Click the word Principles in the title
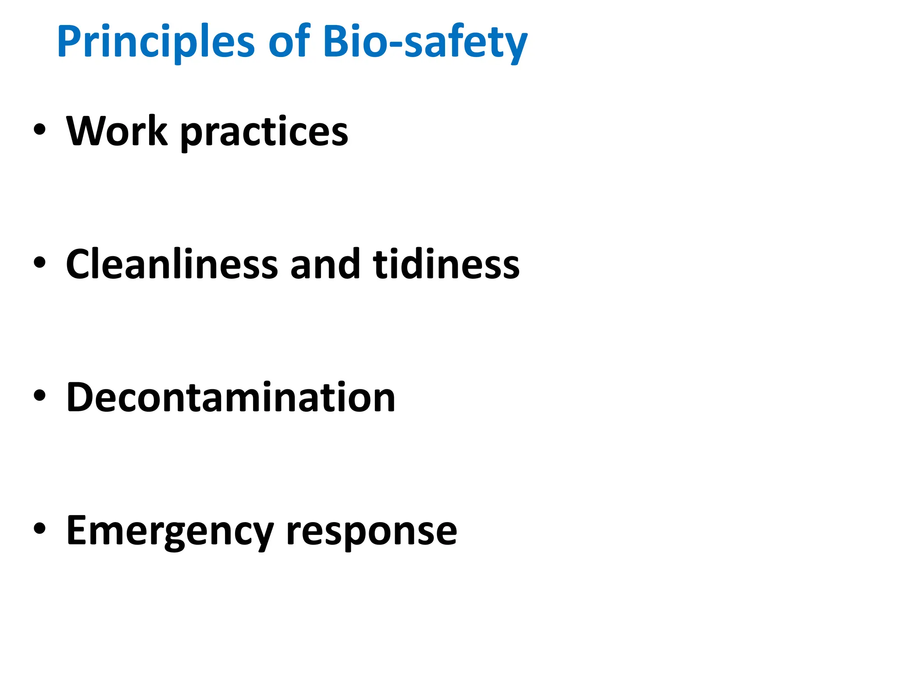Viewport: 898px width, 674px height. pyautogui.click(x=156, y=42)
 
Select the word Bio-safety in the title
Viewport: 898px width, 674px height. pyautogui.click(x=425, y=42)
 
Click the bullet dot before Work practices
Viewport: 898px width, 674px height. pyautogui.click(x=39, y=130)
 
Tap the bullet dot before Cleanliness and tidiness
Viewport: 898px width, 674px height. pyautogui.click(x=39, y=263)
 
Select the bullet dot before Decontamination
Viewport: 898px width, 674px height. pyautogui.click(x=39, y=396)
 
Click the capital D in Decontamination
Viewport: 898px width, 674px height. pyautogui.click(x=81, y=397)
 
